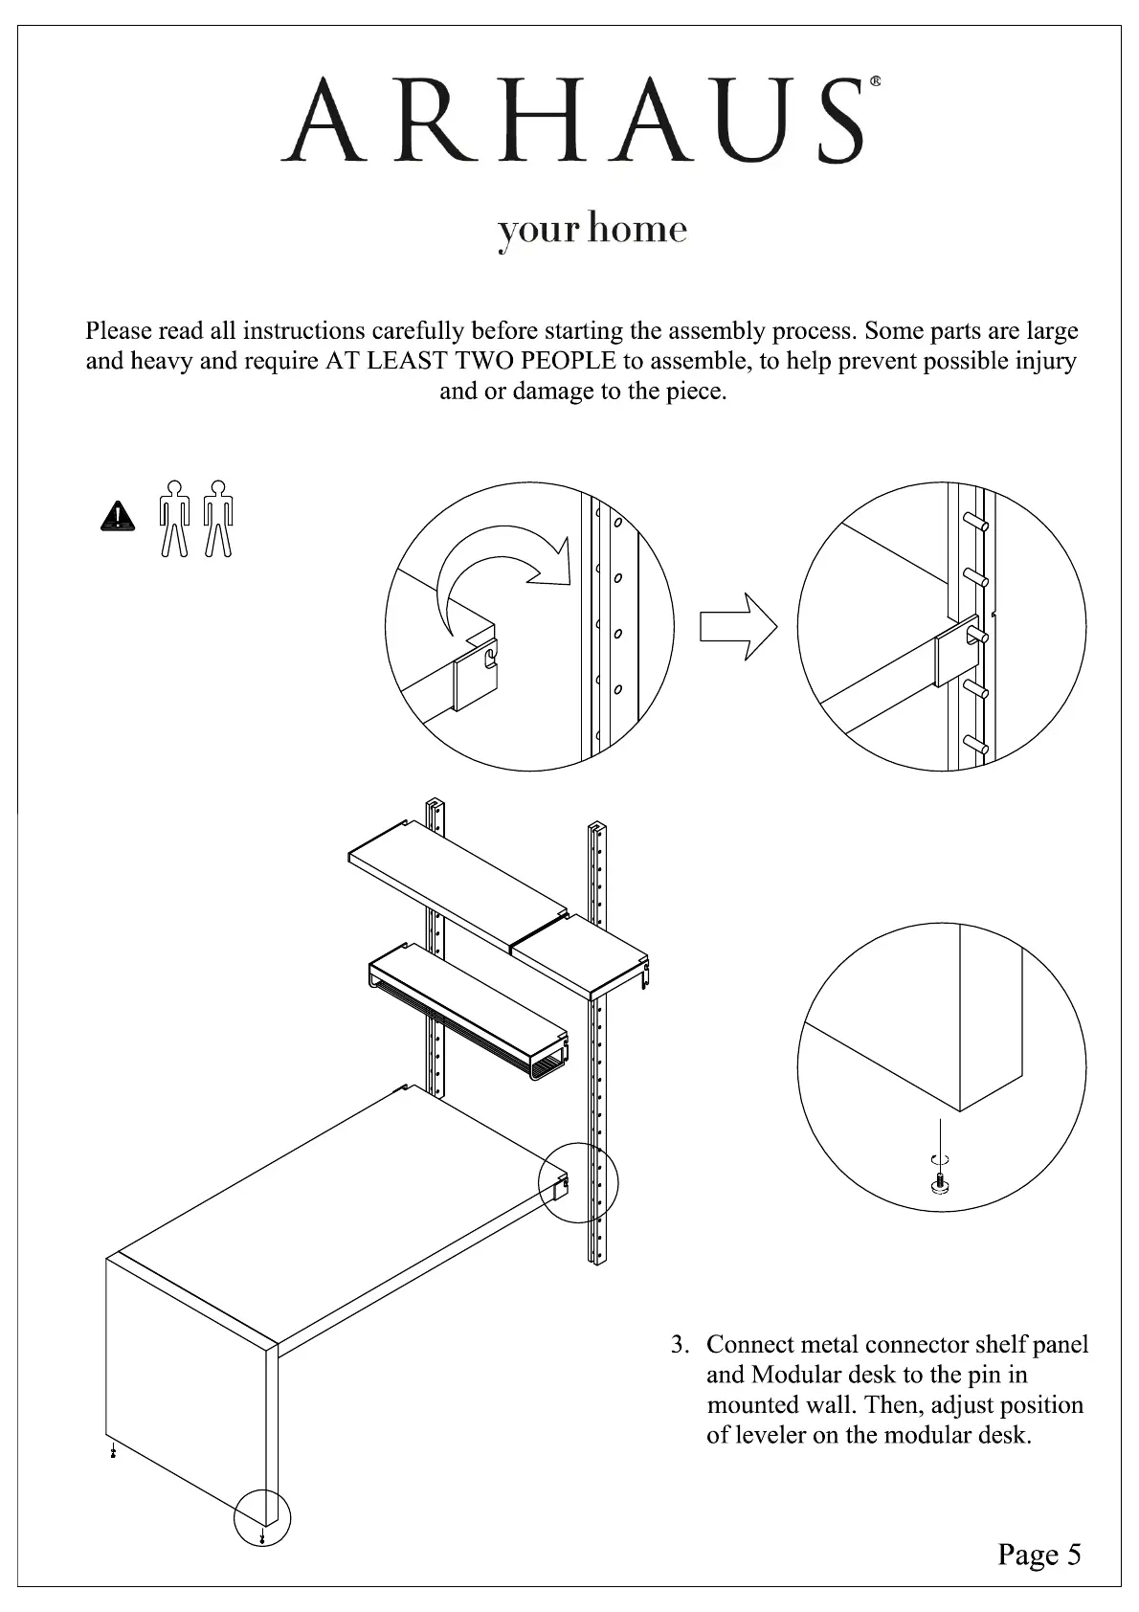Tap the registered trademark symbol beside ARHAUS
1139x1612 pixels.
[x=876, y=83]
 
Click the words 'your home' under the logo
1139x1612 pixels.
[x=592, y=231]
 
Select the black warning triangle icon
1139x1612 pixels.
[x=118, y=516]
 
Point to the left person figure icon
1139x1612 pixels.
[x=173, y=518]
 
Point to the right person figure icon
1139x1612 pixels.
[x=219, y=518]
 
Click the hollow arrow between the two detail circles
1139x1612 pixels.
[x=738, y=626]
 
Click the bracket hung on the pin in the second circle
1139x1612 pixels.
[x=956, y=648]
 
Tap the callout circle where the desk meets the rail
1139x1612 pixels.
[x=579, y=1182]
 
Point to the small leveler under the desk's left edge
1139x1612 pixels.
[x=114, y=1452]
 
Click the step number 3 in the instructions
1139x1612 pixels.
[x=679, y=1345]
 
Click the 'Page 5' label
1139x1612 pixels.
[x=1038, y=1554]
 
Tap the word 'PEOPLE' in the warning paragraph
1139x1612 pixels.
[x=569, y=361]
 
